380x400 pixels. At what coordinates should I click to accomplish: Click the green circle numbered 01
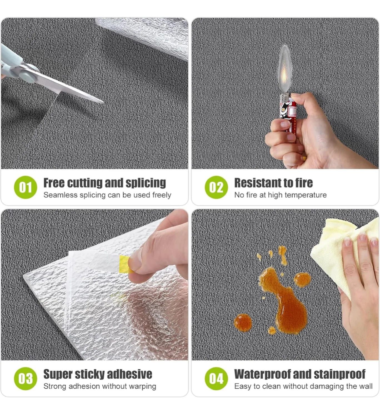(25, 187)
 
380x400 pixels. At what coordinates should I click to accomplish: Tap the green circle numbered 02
(216, 187)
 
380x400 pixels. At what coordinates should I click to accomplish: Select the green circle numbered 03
(25, 378)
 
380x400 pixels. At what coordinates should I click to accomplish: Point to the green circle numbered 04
(216, 378)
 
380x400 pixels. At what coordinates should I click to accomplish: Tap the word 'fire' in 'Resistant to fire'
(304, 183)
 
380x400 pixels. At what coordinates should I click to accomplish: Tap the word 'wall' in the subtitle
(365, 386)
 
